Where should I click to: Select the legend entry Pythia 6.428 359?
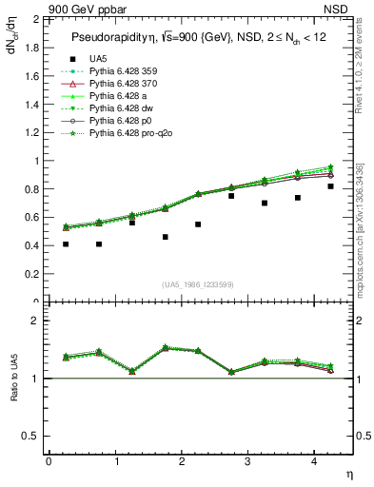coord(123,71)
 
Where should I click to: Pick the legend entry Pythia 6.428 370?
coord(123,84)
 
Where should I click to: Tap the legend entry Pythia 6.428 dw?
coord(120,109)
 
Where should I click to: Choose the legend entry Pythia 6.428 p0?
coord(119,122)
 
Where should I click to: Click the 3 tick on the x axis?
coord(247,462)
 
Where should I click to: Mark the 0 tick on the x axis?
coord(49,462)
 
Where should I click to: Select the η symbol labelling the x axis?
coord(348,473)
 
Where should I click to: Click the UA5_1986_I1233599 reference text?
coord(201,284)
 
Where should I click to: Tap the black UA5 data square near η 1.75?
coord(166,237)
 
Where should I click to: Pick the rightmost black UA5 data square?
coord(331,186)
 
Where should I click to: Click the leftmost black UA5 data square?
coord(66,244)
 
